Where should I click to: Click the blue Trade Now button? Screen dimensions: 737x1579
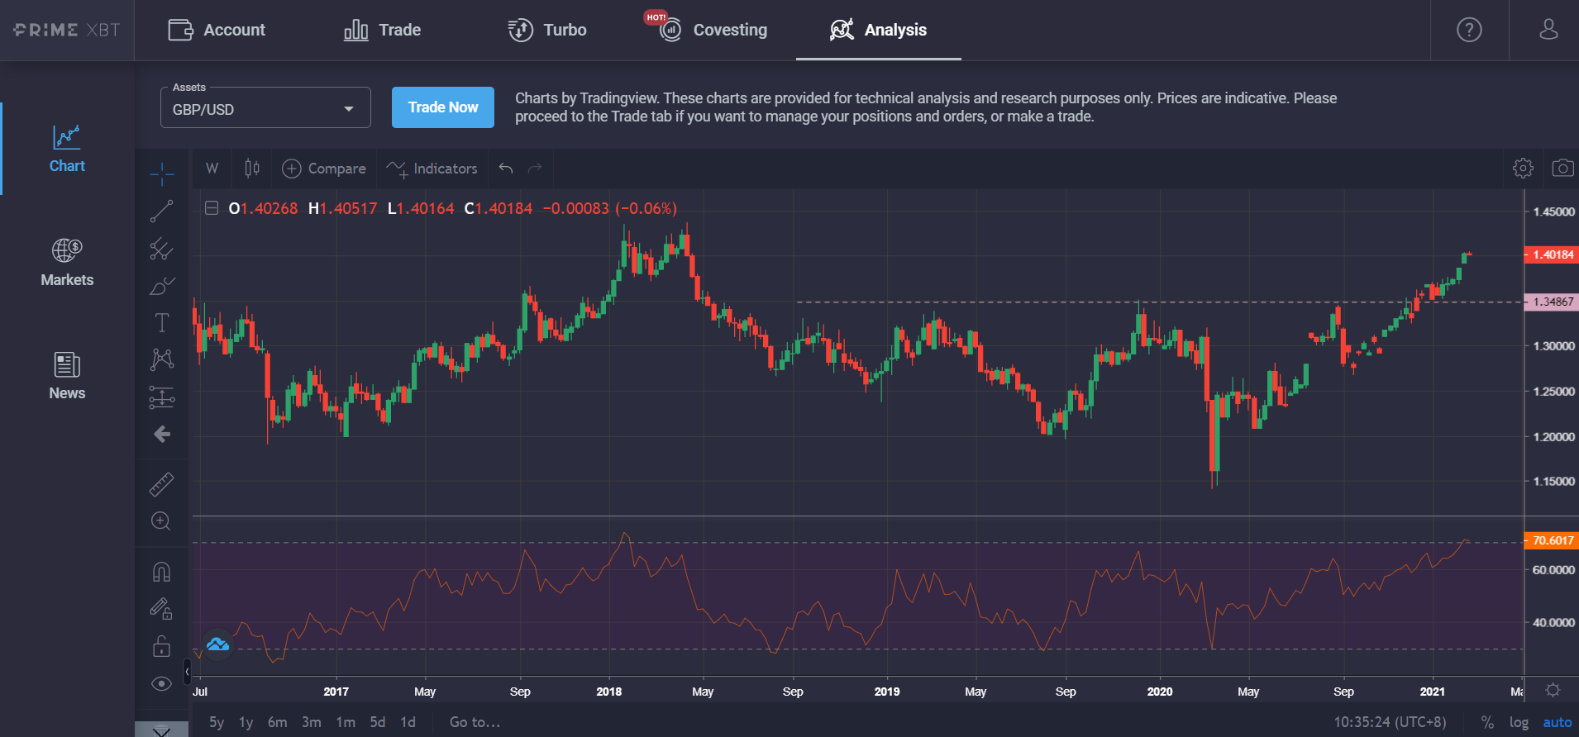click(x=442, y=107)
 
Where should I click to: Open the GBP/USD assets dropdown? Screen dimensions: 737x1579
click(x=265, y=109)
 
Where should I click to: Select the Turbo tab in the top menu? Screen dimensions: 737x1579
click(x=547, y=31)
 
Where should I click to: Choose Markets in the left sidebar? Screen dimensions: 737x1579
click(x=67, y=262)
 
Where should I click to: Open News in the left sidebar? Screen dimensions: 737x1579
click(x=67, y=376)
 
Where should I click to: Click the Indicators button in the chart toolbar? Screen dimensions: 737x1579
click(x=432, y=169)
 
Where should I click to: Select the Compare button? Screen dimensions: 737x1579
click(x=324, y=169)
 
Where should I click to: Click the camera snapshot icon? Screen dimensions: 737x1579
click(x=1562, y=169)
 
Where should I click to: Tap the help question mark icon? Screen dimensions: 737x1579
click(x=1469, y=31)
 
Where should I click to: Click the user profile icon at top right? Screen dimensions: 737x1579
click(x=1548, y=31)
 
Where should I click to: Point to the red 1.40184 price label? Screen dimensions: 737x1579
click(x=1552, y=254)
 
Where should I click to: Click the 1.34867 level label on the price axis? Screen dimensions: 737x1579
click(x=1552, y=302)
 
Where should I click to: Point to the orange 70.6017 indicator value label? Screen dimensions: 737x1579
click(x=1552, y=540)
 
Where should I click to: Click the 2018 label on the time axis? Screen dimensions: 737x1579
click(x=608, y=692)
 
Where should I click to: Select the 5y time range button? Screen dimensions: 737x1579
click(x=217, y=722)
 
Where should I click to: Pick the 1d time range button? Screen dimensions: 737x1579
click(x=408, y=722)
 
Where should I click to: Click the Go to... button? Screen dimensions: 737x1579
click(x=475, y=722)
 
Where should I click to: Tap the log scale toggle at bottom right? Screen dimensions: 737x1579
click(x=1519, y=722)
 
